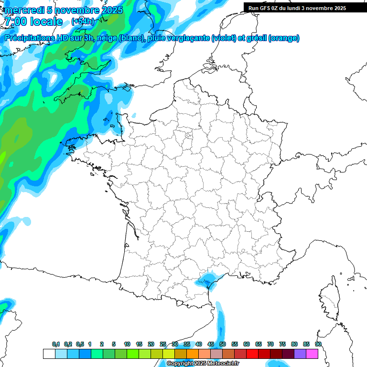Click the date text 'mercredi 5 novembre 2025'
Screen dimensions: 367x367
pos(64,10)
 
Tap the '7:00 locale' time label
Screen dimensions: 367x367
pos(33,22)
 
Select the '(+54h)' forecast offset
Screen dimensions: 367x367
pos(82,22)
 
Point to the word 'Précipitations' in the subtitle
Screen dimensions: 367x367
pos(29,38)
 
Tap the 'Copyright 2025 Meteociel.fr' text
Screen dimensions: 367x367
pos(203,364)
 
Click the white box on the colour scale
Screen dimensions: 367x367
pos(49,354)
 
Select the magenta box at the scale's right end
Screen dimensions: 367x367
pos(312,354)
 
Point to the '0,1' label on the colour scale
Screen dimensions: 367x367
pos(56,344)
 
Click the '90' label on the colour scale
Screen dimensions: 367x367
pos(318,344)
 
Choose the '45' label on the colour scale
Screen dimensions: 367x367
pos(211,344)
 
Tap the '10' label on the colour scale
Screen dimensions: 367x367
pos(127,344)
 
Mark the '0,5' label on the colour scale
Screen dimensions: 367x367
pos(80,344)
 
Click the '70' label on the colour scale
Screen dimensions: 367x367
pos(270,344)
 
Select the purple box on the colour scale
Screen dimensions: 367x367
pos(300,354)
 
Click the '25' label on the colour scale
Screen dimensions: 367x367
pos(163,344)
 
